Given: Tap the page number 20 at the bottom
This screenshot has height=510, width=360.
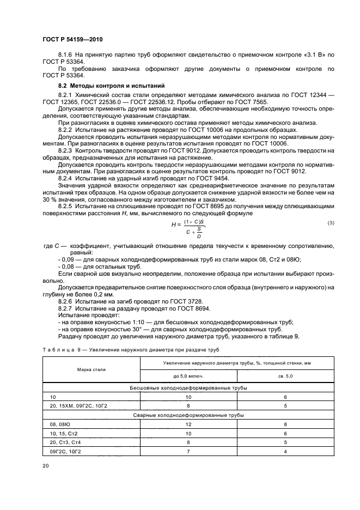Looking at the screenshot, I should coord(46,465).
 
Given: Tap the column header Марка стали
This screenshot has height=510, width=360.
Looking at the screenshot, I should coord(91,369).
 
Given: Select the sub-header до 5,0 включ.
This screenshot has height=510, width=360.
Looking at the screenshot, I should coord(188,376).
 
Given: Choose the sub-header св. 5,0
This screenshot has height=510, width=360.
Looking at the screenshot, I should coord(285,376).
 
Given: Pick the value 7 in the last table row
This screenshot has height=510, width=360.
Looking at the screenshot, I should coord(188,452).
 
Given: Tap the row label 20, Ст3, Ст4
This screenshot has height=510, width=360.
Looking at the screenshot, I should coord(65,442).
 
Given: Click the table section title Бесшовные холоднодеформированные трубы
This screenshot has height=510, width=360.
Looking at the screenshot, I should coord(187,387).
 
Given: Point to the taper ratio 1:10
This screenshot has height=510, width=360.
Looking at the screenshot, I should coord(123,323).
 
